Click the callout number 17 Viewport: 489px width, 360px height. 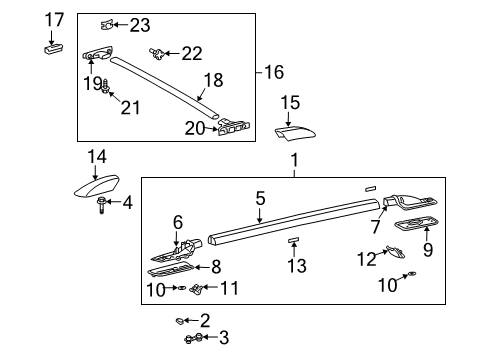point(54,18)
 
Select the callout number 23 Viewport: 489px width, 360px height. point(139,25)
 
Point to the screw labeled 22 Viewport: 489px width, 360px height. point(158,52)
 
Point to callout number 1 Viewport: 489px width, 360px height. point(294,160)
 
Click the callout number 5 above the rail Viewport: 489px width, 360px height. point(259,199)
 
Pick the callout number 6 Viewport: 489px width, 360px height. point(178,223)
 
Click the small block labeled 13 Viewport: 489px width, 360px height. point(295,241)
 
